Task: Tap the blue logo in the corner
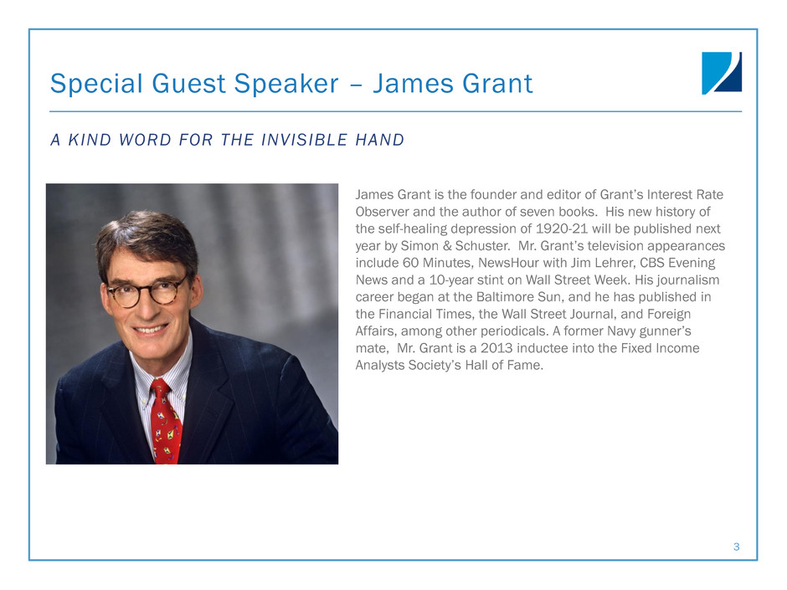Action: point(721,74)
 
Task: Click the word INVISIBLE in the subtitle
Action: point(305,140)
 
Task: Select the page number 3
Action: point(736,546)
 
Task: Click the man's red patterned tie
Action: point(165,422)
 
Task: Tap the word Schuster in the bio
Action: point(482,246)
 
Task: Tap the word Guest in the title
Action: point(188,84)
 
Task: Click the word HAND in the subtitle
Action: point(380,140)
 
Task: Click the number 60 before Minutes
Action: point(410,263)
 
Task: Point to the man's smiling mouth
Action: point(150,329)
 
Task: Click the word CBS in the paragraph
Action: point(652,263)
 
